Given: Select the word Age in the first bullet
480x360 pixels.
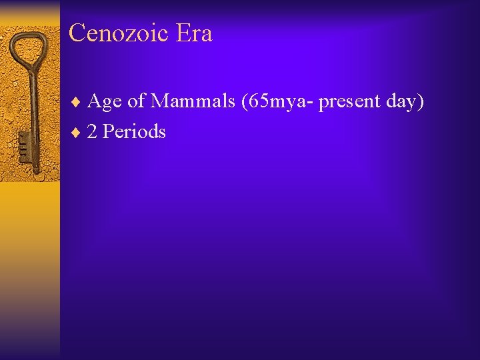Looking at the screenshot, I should pyautogui.click(x=105, y=102).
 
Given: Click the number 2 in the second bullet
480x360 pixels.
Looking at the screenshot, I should pyautogui.click(x=92, y=131).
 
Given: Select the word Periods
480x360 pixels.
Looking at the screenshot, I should pyautogui.click(x=134, y=131).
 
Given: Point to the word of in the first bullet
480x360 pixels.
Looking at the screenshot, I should pyautogui.click(x=135, y=101).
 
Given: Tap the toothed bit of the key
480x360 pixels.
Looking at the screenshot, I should pyautogui.click(x=24, y=143).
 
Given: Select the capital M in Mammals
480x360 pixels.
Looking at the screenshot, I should pyautogui.click(x=161, y=101).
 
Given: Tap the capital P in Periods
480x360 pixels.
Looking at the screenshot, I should pyautogui.click(x=108, y=131).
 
